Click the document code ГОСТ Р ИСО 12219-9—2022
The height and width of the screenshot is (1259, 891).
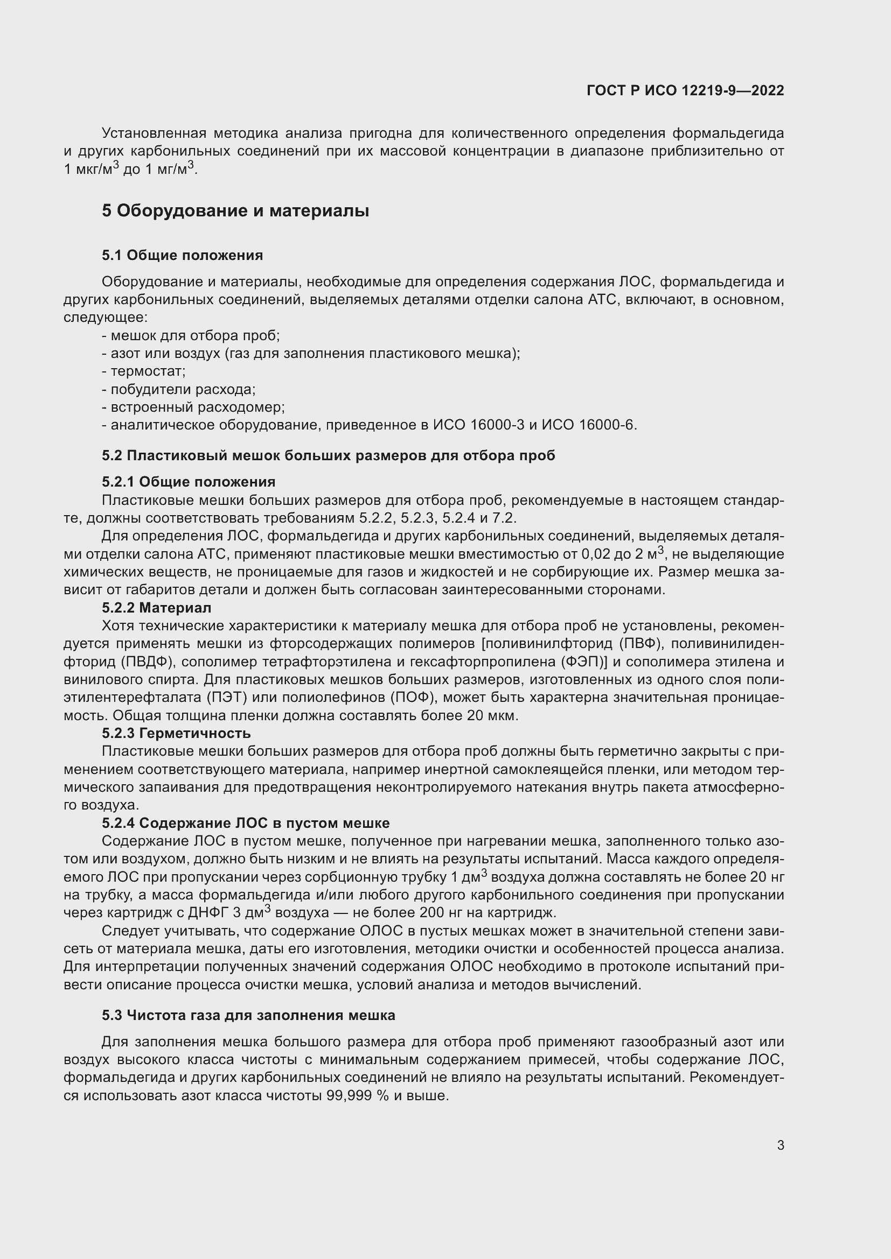[x=685, y=90]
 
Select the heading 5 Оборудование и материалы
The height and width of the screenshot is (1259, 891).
[x=235, y=210]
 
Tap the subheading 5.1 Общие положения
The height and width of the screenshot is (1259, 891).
[x=182, y=255]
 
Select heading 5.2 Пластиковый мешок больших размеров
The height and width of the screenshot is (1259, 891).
[x=328, y=455]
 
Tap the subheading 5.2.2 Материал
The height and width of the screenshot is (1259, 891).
[x=156, y=608]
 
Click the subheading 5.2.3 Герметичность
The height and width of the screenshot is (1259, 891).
[x=176, y=733]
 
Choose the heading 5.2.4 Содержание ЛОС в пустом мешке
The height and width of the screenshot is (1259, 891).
[x=245, y=823]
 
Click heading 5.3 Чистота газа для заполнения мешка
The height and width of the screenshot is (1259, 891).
[x=248, y=1015]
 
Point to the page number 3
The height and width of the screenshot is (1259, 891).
[x=780, y=1145]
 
